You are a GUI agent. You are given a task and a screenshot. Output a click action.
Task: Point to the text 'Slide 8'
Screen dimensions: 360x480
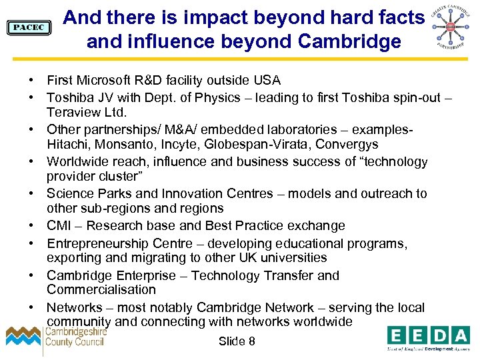237,341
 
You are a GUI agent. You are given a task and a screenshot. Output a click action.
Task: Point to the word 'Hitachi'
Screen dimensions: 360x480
68,144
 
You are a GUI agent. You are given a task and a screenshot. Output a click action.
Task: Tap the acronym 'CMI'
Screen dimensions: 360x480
59,226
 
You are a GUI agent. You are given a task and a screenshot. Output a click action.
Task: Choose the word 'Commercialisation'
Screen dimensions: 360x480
101,290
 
